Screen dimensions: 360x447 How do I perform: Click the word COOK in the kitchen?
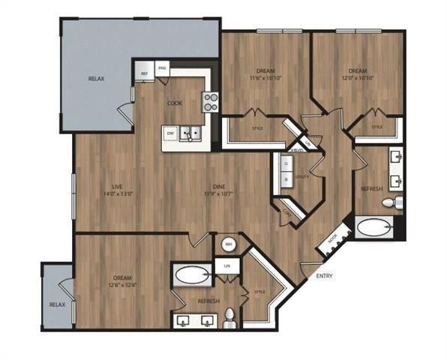click(174, 103)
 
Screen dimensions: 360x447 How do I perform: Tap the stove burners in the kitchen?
click(211, 101)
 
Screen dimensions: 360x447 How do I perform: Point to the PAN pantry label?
click(161, 70)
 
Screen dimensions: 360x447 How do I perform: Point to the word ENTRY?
click(324, 276)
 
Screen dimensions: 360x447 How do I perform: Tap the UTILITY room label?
click(303, 178)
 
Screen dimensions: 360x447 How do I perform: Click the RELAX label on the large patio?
click(95, 79)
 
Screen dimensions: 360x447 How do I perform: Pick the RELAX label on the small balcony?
click(56, 305)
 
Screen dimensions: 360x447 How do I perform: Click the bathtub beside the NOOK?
click(372, 227)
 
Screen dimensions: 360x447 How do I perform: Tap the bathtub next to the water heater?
click(193, 275)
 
